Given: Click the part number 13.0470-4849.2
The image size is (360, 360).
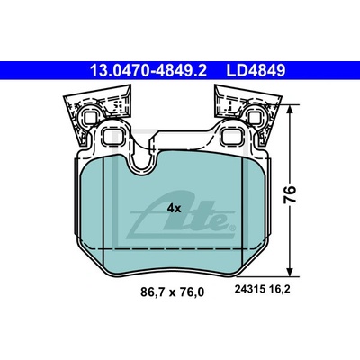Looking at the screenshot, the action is click(148, 71).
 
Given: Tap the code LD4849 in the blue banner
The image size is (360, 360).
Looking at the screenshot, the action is click(256, 71).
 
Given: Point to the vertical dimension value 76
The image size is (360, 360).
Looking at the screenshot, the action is click(290, 194).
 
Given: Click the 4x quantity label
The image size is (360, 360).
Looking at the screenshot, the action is click(174, 208).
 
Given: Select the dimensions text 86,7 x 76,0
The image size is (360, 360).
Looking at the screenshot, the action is click(172, 292).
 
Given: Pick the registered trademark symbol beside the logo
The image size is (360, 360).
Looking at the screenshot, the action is click(231, 229).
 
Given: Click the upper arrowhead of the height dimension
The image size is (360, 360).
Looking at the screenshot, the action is click(290, 110).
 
